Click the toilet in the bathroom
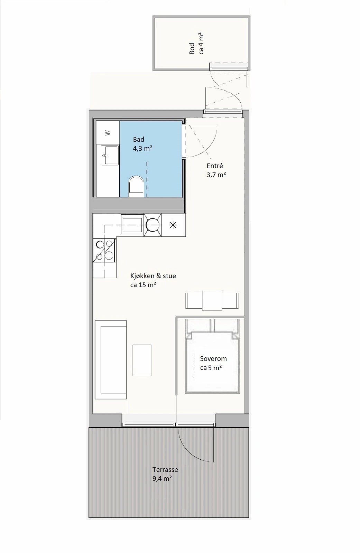pyautogui.click(x=136, y=186)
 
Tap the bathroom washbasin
pyautogui.click(x=111, y=155)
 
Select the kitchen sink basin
pyautogui.click(x=132, y=224)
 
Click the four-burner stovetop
pyautogui.click(x=104, y=251)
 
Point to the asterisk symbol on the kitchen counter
pyautogui.click(x=173, y=225)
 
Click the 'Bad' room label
pyautogui.click(x=138, y=140)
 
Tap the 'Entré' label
pyautogui.click(x=215, y=166)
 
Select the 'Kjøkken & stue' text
pyautogui.click(x=153, y=276)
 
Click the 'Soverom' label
pyautogui.click(x=213, y=358)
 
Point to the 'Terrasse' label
pyautogui.click(x=165, y=470)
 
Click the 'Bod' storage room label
pyautogui.click(x=192, y=49)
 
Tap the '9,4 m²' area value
pyautogui.click(x=162, y=479)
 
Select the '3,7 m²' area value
pyautogui.click(x=216, y=175)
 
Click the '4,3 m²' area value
pyautogui.click(x=142, y=149)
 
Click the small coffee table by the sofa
pyautogui.click(x=142, y=360)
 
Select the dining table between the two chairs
pyautogui.click(x=212, y=300)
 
